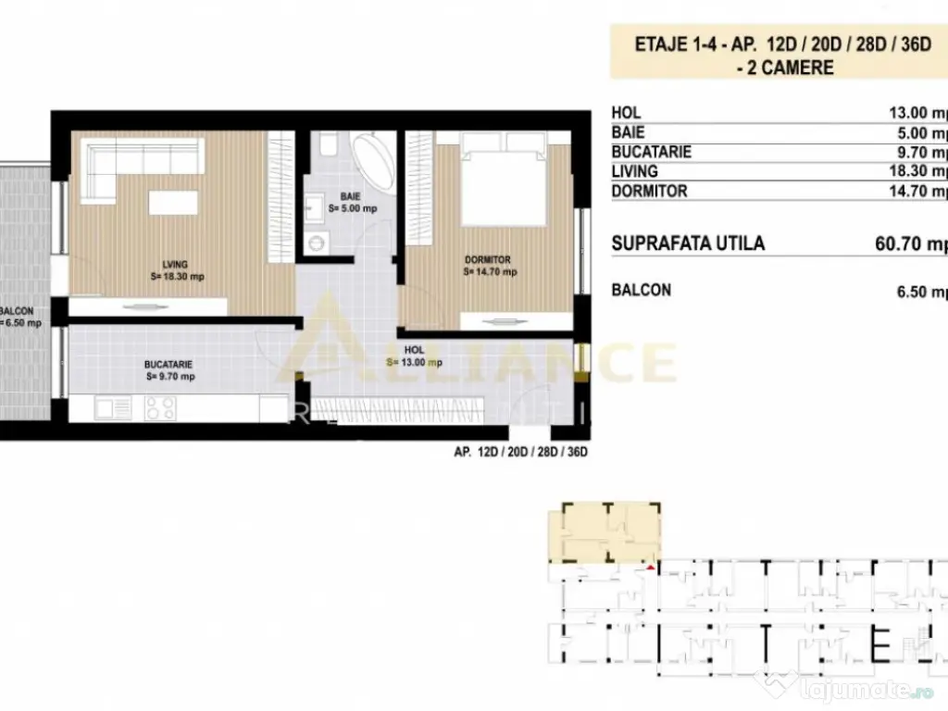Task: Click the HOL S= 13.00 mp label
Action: [414, 356]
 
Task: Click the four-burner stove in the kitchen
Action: [160, 407]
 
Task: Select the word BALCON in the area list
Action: [642, 290]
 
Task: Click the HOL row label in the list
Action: [626, 113]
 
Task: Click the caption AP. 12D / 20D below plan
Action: [521, 453]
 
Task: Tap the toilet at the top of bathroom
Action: [327, 144]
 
